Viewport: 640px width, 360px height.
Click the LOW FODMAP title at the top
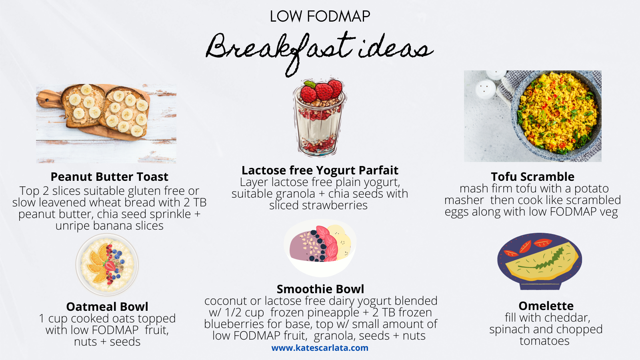320,16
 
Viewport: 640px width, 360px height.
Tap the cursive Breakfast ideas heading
320,52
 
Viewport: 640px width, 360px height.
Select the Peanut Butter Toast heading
110,177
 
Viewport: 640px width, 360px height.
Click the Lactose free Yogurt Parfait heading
320,170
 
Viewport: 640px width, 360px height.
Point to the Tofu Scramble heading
532,177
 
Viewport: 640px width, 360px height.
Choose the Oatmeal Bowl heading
107,306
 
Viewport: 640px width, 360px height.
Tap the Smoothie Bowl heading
320,289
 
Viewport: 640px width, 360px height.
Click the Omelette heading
546,306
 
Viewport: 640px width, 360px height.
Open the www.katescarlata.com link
320,348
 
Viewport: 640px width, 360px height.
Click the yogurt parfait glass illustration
319,118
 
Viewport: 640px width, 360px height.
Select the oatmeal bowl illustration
107,264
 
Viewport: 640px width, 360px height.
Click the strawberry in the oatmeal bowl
110,266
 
